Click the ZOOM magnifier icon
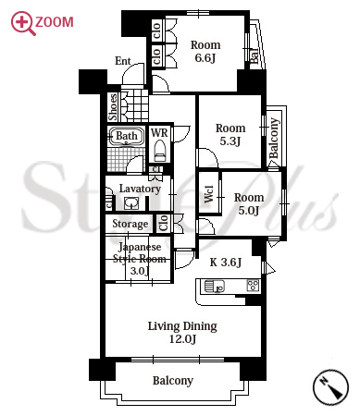pyautogui.click(x=23, y=23)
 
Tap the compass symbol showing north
pyautogui.click(x=330, y=387)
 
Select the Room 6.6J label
pyautogui.click(x=205, y=51)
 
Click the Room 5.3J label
pyautogui.click(x=230, y=134)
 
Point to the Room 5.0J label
pyautogui.click(x=249, y=203)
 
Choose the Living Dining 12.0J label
pyautogui.click(x=182, y=332)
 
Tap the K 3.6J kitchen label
pyautogui.click(x=226, y=263)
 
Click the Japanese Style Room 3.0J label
pyautogui.click(x=139, y=259)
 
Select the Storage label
pyautogui.click(x=130, y=224)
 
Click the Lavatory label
pyautogui.click(x=140, y=189)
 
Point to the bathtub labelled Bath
pyautogui.click(x=126, y=136)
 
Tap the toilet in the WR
pyautogui.click(x=160, y=151)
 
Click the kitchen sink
pyautogui.click(x=215, y=287)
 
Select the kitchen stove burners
pyautogui.click(x=254, y=286)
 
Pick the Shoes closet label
pyautogui.click(x=113, y=107)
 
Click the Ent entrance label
pyautogui.click(x=123, y=61)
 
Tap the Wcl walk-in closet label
pyautogui.click(x=209, y=193)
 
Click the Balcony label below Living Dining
pyautogui.click(x=173, y=381)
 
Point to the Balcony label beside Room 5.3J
pyautogui.click(x=274, y=138)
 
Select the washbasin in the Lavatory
pyautogui.click(x=131, y=203)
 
